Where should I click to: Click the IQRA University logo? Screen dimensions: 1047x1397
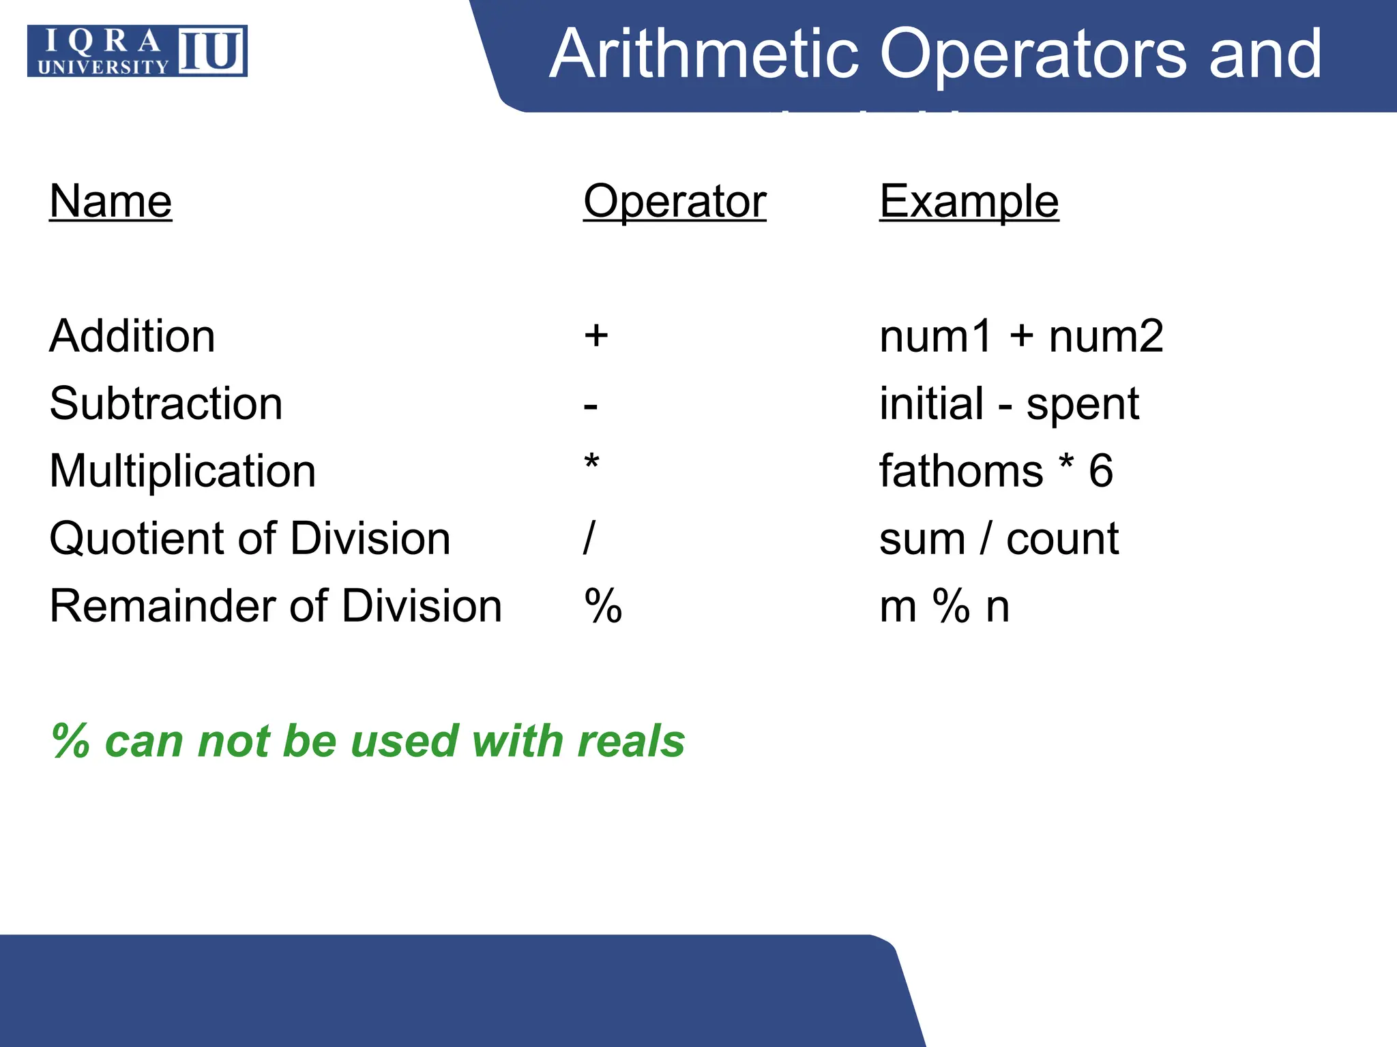pyautogui.click(x=137, y=51)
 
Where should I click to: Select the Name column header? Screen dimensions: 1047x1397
pyautogui.click(x=111, y=201)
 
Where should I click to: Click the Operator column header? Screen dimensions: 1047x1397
pyautogui.click(x=675, y=201)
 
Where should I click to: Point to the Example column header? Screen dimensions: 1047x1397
pyautogui.click(x=969, y=201)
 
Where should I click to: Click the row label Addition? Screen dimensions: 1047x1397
pyautogui.click(x=132, y=336)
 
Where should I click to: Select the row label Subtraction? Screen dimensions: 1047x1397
pyautogui.click(x=166, y=404)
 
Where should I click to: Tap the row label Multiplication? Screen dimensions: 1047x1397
pyautogui.click(x=183, y=471)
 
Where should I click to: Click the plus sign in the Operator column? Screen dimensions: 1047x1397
pyautogui.click(x=596, y=335)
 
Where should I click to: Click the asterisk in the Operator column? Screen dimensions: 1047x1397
pyautogui.click(x=591, y=464)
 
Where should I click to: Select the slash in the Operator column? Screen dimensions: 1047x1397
pyautogui.click(x=589, y=538)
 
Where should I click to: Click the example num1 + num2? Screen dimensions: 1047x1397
pyautogui.click(x=1021, y=336)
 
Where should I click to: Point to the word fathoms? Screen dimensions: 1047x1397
pyautogui.click(x=961, y=471)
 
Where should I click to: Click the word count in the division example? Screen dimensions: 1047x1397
pyautogui.click(x=1062, y=539)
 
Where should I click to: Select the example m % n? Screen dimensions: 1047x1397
pyautogui.click(x=944, y=605)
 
